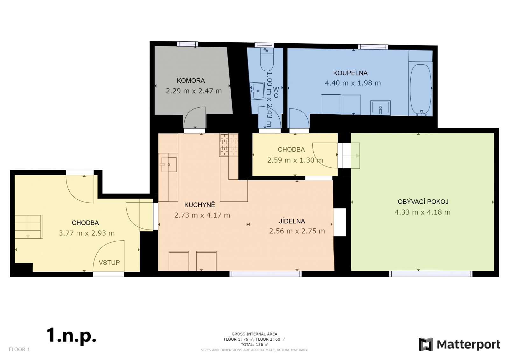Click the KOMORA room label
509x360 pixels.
pos(191,81)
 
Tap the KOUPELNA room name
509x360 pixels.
pos(350,73)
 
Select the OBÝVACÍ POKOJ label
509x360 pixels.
pos(423,201)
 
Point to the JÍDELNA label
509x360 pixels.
pos(292,221)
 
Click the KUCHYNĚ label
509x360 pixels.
pos(199,205)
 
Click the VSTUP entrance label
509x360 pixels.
pos(109,263)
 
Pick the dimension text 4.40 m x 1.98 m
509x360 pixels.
pos(353,83)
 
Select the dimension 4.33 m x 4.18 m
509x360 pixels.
pos(422,212)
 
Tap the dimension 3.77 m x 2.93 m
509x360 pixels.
pos(87,233)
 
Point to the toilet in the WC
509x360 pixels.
pos(267,60)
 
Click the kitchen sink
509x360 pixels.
pos(168,165)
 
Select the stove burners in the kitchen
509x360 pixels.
pos(229,145)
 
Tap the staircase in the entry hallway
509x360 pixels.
pos(29,227)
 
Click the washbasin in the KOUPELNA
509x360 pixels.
pos(380,108)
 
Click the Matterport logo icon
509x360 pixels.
pos(426,344)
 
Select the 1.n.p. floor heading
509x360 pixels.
pos(71,335)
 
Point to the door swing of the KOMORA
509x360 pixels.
pos(194,117)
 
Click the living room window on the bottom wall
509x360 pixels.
pos(431,274)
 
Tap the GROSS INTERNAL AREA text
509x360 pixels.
pos(254,334)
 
